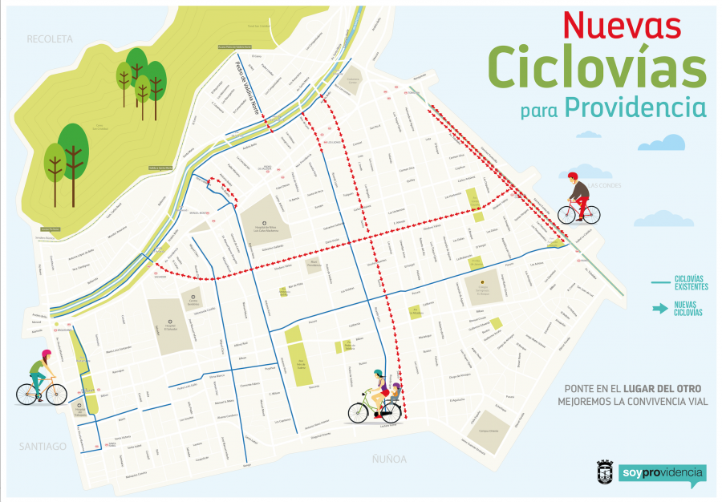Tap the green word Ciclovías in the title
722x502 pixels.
coord(598,67)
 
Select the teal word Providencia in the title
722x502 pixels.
coord(635,107)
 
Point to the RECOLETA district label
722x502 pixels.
coord(50,38)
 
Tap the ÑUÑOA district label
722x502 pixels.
coord(389,459)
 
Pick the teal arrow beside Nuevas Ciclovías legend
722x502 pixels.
coord(659,308)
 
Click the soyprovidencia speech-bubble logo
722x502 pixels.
coord(663,474)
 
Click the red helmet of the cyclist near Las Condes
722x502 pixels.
coord(573,177)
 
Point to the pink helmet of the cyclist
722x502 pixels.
coord(47,354)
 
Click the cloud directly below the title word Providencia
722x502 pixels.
coord(662,144)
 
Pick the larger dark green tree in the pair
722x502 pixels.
coord(74,148)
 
